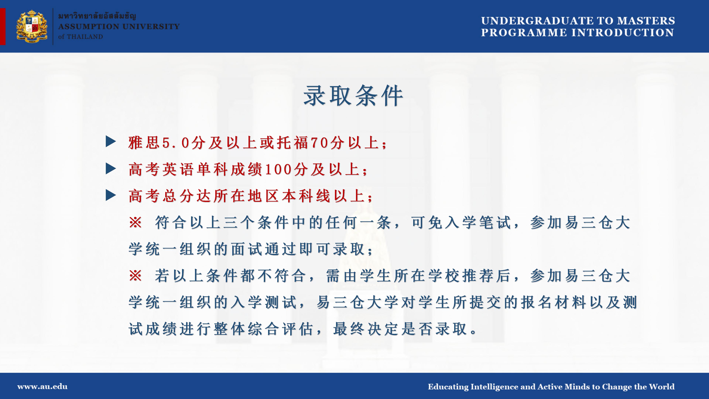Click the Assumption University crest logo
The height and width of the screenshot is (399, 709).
32,26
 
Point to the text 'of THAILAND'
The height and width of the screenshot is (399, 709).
80,37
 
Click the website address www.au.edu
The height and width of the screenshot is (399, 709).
42,387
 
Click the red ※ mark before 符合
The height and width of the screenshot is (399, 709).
135,222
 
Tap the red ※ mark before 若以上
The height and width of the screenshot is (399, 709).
135,275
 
